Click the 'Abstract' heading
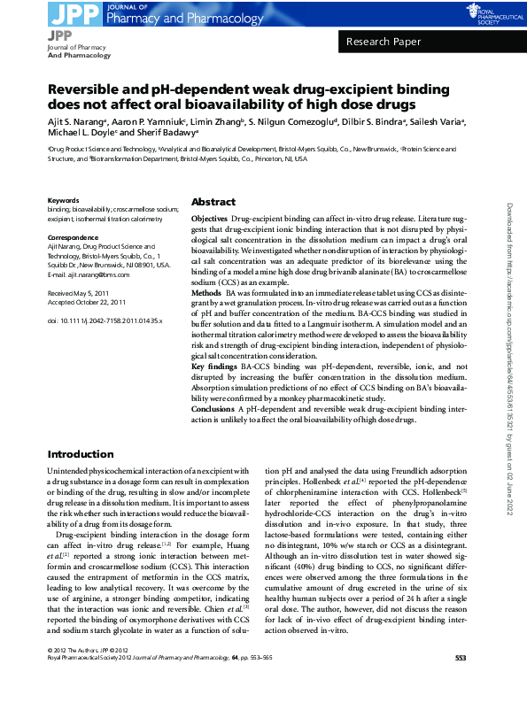click(213, 202)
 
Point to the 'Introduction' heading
click(81, 454)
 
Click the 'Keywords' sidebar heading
click(63, 200)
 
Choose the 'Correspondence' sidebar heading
click(73, 238)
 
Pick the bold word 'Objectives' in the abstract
click(210, 218)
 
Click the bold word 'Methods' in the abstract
click(206, 292)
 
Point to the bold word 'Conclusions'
click(213, 409)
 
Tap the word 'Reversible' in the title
click(90, 90)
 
